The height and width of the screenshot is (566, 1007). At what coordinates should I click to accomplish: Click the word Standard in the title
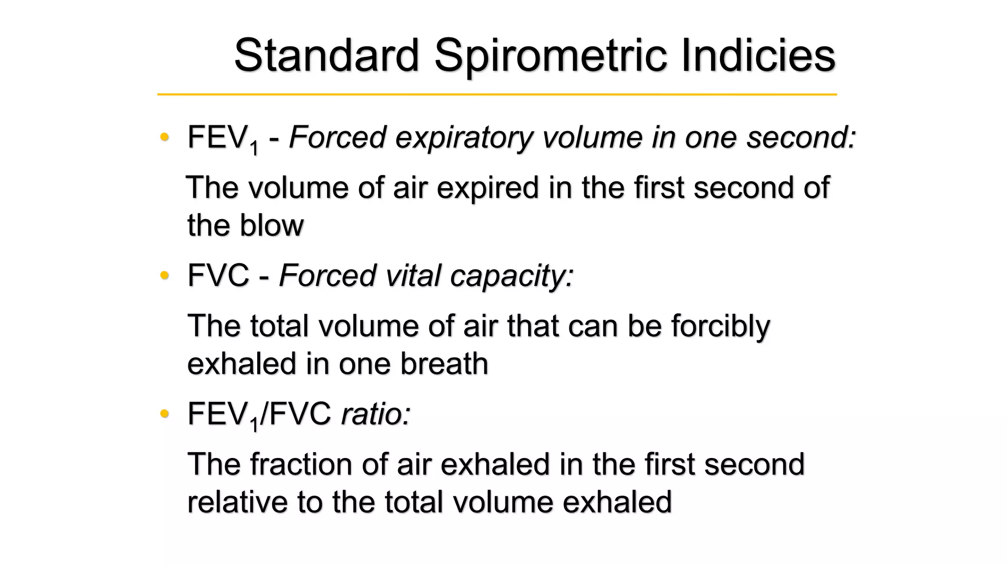point(326,55)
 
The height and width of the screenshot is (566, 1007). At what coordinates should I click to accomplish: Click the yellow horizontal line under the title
point(497,94)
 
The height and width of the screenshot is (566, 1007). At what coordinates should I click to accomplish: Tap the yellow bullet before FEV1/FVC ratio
point(165,414)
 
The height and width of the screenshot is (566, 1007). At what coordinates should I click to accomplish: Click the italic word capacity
point(512,276)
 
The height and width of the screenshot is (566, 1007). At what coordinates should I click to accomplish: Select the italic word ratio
point(376,414)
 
